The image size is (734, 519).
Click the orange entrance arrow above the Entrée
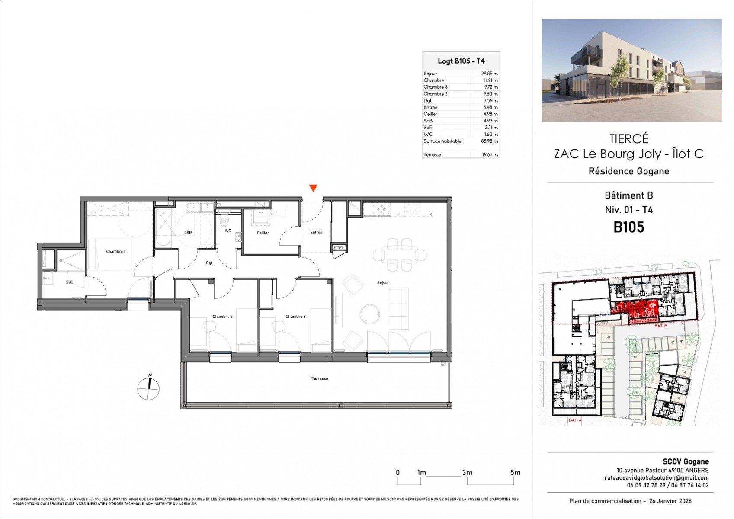pyautogui.click(x=313, y=188)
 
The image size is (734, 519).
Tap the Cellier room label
pyautogui.click(x=263, y=233)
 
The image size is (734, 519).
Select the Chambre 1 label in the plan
pyautogui.click(x=115, y=251)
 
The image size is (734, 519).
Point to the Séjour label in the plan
pyautogui.click(x=383, y=282)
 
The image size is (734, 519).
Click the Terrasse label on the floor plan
pyautogui.click(x=320, y=378)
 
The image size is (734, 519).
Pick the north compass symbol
pyautogui.click(x=148, y=388)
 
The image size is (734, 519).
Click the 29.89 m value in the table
pyautogui.click(x=490, y=74)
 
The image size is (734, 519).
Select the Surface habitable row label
pyautogui.click(x=442, y=141)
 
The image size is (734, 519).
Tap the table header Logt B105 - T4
pyautogui.click(x=461, y=61)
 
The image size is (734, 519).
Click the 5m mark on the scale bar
pyautogui.click(x=515, y=473)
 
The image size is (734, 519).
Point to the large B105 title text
pyautogui.click(x=628, y=227)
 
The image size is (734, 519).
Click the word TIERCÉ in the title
pyautogui.click(x=628, y=139)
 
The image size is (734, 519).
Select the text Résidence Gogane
pyautogui.click(x=628, y=171)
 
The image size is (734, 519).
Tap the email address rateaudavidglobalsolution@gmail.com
pyautogui.click(x=656, y=478)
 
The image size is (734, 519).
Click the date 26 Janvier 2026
pyautogui.click(x=670, y=501)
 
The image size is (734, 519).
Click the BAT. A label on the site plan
pyautogui.click(x=575, y=420)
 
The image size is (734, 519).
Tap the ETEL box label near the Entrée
pyautogui.click(x=339, y=248)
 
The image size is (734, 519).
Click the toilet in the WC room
pyautogui.click(x=224, y=222)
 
